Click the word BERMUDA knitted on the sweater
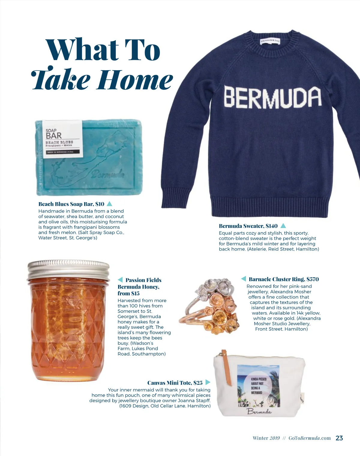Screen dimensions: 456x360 272,97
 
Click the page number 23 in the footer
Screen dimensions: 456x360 339,438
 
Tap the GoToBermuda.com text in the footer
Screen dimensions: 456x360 309,438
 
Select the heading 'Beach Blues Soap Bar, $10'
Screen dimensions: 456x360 71,204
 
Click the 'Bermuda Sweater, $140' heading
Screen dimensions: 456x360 248,226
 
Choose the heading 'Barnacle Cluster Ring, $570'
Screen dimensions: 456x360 283,279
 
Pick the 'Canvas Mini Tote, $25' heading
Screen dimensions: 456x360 175,383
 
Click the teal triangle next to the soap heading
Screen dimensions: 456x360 109,204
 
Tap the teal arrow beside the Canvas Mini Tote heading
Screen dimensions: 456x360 208,382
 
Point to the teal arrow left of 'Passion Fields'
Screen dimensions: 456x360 120,280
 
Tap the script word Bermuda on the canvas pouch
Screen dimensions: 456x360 259,411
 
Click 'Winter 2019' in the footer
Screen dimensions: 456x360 266,438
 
